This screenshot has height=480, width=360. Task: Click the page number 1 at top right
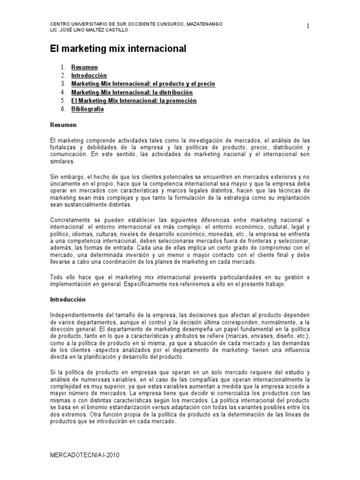click(x=308, y=26)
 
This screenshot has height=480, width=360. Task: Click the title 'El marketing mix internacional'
click(x=118, y=48)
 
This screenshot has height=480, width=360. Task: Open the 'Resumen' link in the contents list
click(x=84, y=67)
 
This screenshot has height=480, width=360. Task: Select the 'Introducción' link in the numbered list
click(x=89, y=75)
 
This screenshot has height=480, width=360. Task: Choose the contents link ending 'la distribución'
click(x=132, y=92)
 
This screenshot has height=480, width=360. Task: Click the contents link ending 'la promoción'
click(x=134, y=101)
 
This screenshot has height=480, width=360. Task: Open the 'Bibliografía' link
click(x=87, y=109)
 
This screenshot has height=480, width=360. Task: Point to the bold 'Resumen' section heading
click(x=63, y=125)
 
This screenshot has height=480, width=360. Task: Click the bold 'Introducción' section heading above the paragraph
click(x=68, y=299)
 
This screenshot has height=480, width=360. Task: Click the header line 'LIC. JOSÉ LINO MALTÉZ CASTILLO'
click(x=89, y=30)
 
